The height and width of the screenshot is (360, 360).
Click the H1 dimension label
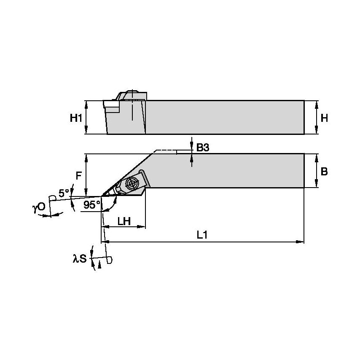point(75,118)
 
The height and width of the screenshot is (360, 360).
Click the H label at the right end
point(324,118)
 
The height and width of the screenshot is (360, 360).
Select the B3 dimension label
point(203,148)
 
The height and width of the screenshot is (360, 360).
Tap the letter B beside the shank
point(324,172)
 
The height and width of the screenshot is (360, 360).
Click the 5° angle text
point(64,193)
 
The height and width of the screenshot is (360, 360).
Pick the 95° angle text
point(92,204)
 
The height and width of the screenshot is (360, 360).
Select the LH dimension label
point(123,221)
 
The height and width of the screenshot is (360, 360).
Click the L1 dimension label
point(202,235)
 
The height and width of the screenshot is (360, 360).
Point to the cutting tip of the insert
point(102,196)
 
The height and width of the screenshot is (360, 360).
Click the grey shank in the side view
point(223,117)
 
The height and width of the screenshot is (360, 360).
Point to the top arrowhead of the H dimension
point(317,103)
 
